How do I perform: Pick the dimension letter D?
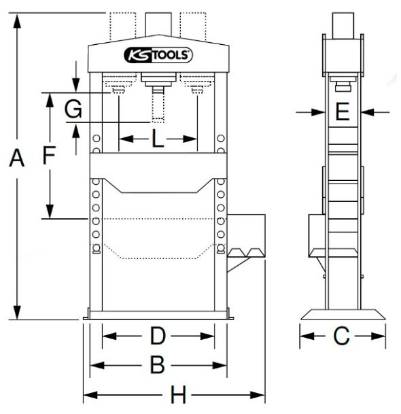point(158,336)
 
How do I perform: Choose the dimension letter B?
point(157,365)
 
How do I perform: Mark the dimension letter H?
point(178,394)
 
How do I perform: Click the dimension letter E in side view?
point(343,111)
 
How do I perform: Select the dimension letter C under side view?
point(343,335)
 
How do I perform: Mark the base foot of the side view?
point(343,315)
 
